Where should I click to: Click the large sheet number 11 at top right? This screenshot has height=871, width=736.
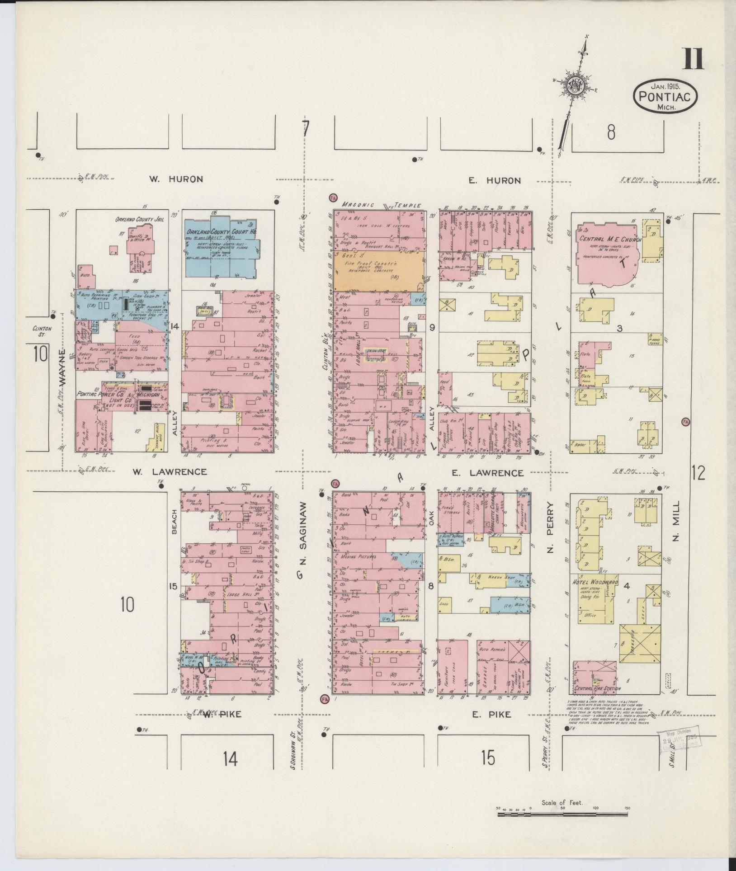pos(693,59)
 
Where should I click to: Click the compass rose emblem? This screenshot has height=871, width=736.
pos(577,85)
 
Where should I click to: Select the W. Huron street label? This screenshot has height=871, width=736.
pos(176,179)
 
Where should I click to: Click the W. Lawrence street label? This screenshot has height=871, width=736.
pos(170,472)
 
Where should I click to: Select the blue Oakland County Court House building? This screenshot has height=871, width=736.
pos(221,251)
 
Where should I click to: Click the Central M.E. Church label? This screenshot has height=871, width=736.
pos(608,240)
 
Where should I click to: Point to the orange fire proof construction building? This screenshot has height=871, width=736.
pos(378,271)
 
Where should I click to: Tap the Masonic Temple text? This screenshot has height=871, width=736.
pos(381,205)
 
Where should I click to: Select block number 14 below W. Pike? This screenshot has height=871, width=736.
pos(230,760)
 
